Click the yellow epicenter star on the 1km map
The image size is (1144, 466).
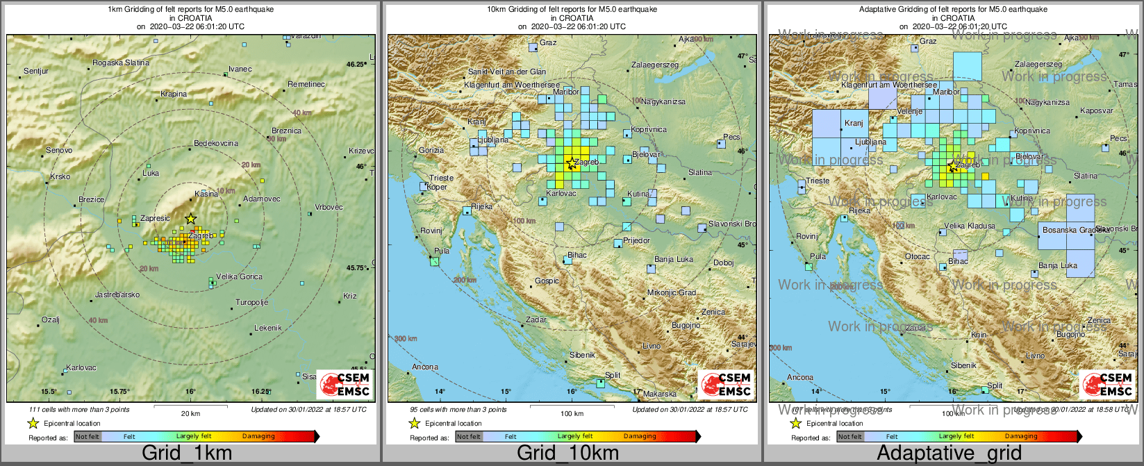click(191, 219)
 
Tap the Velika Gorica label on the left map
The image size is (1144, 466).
click(239, 276)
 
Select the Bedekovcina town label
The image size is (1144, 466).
click(216, 143)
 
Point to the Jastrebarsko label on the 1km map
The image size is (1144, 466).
click(117, 294)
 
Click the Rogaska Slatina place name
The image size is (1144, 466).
click(121, 63)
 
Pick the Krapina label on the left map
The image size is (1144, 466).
click(174, 94)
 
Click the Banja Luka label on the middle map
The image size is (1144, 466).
click(674, 259)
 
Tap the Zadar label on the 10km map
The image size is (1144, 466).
click(536, 319)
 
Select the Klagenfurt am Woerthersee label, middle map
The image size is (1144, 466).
click(512, 85)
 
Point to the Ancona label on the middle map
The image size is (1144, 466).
click(425, 367)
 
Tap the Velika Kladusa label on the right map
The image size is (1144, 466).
click(970, 226)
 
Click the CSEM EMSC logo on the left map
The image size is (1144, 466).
click(345, 384)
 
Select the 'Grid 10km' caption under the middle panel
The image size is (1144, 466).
click(567, 453)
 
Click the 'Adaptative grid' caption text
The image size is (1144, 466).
click(949, 453)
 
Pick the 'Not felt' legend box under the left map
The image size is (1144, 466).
click(88, 436)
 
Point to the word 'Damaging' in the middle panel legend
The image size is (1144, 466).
click(640, 436)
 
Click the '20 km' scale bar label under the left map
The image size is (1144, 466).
click(190, 413)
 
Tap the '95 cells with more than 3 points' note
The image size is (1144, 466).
click(458, 409)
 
